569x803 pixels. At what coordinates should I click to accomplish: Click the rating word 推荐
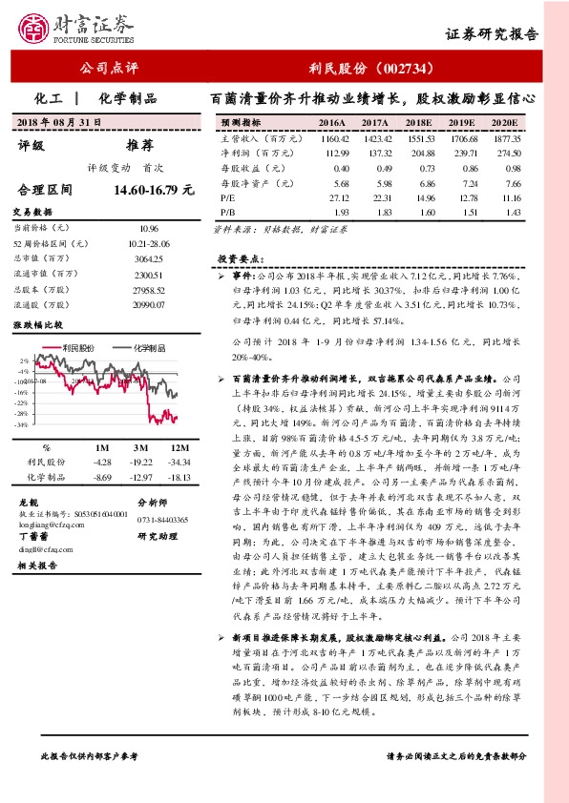[139, 146]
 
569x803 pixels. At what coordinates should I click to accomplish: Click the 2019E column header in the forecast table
[462, 124]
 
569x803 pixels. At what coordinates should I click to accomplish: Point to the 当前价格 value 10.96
[148, 230]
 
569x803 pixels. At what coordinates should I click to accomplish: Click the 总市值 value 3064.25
[148, 258]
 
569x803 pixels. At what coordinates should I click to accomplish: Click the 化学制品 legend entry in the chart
[147, 348]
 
